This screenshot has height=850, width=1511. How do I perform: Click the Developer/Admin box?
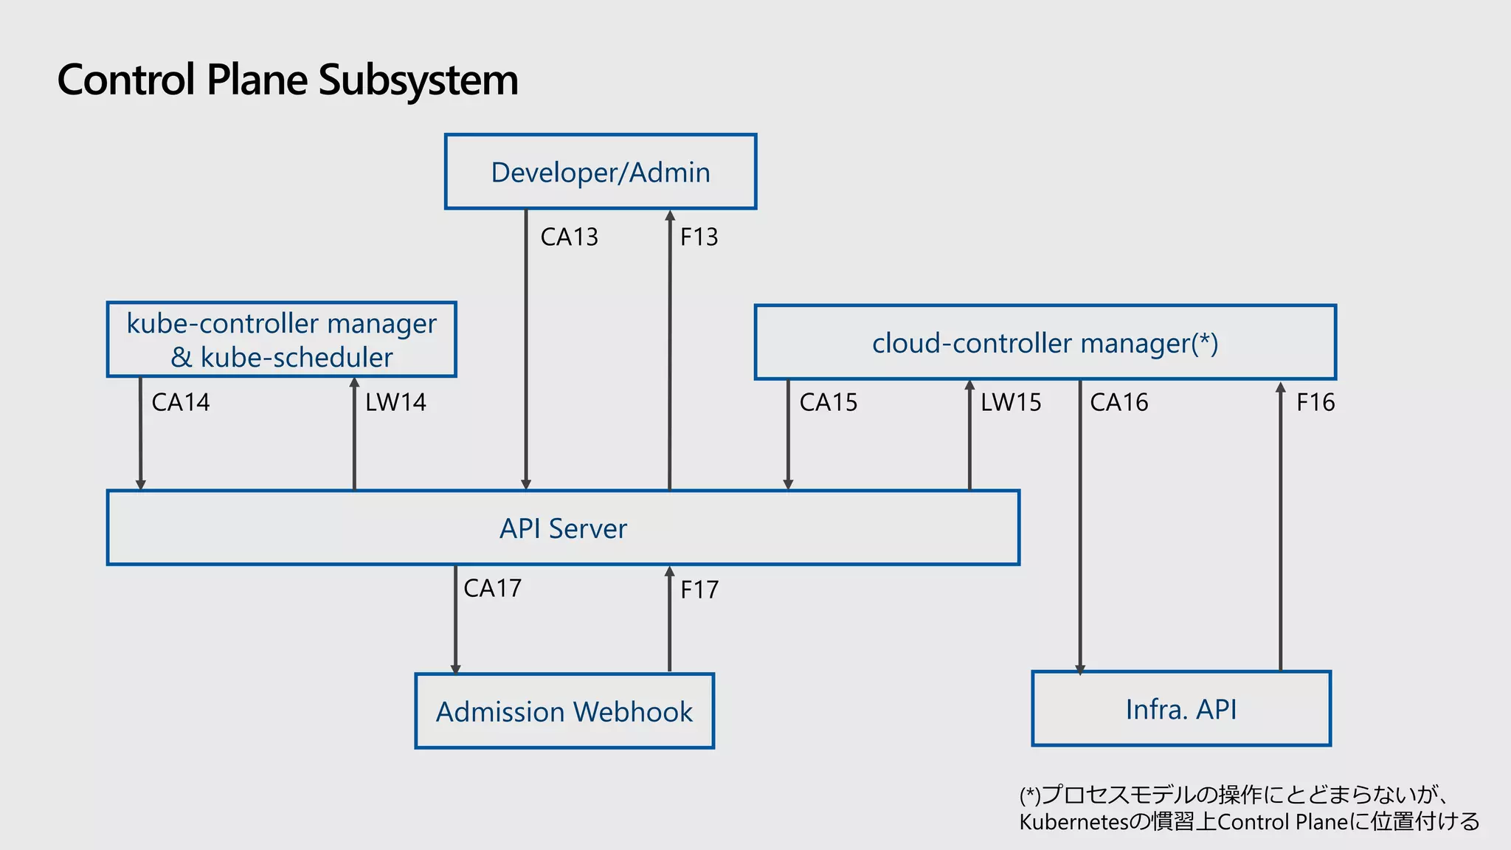tap(600, 172)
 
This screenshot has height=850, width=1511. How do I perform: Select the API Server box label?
tap(563, 528)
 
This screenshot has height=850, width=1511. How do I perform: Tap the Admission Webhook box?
tap(564, 711)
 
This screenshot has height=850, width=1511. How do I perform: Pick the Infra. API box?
tap(1180, 709)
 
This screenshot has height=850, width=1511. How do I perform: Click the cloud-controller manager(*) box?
tap(1045, 343)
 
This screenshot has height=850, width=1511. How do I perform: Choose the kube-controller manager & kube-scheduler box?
tap(281, 340)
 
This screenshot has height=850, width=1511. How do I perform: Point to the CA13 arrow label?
tap(569, 237)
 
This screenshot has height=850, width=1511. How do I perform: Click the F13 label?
tap(699, 237)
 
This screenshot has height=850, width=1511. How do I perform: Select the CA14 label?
tap(181, 402)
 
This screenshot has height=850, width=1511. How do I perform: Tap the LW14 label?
tap(395, 402)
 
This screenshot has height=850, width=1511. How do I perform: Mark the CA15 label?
tap(829, 402)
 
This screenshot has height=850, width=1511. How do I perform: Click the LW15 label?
tap(1011, 402)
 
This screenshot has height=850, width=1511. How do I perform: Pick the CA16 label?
tap(1119, 402)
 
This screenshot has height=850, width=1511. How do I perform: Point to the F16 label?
tap(1315, 402)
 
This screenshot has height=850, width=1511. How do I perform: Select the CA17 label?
tap(492, 588)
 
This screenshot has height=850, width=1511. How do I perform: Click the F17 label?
tap(699, 590)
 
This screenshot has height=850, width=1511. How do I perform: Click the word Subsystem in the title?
tap(418, 80)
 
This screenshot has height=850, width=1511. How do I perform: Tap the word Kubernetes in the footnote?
tap(1073, 822)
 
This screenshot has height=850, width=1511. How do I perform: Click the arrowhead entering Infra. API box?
tap(1080, 669)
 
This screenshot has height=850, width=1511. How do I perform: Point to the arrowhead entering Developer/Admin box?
tap(670, 215)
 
